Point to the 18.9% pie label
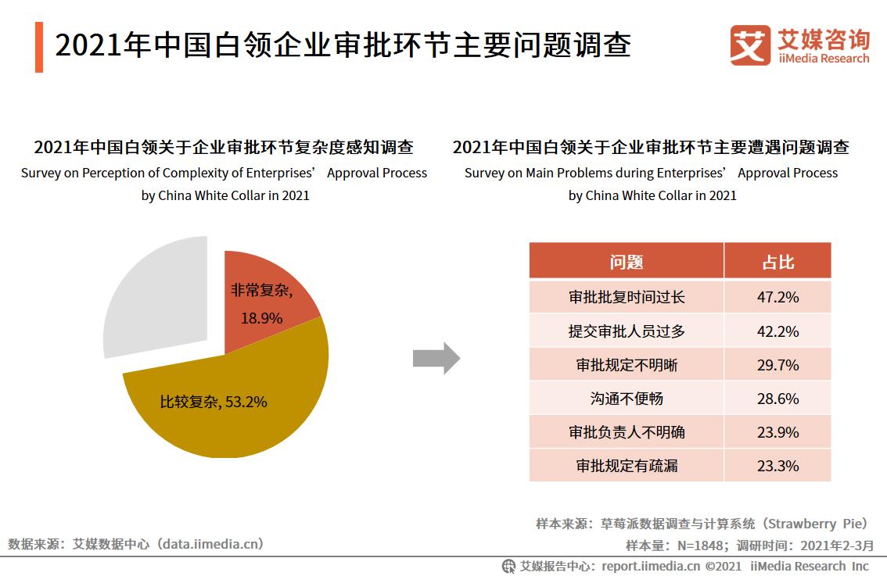tap(261, 318)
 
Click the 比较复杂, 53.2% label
tap(214, 402)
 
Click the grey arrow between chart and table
tap(435, 358)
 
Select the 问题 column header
tap(626, 262)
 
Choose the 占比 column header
tap(777, 262)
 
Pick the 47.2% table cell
tap(777, 298)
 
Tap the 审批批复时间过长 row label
tap(626, 298)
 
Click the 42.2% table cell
tap(777, 331)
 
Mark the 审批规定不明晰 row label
tap(626, 365)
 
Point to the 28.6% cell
tap(777, 399)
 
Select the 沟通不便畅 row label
tap(626, 399)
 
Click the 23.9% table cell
tap(777, 432)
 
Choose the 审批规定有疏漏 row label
tap(626, 466)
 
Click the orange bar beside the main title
tap(39, 48)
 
